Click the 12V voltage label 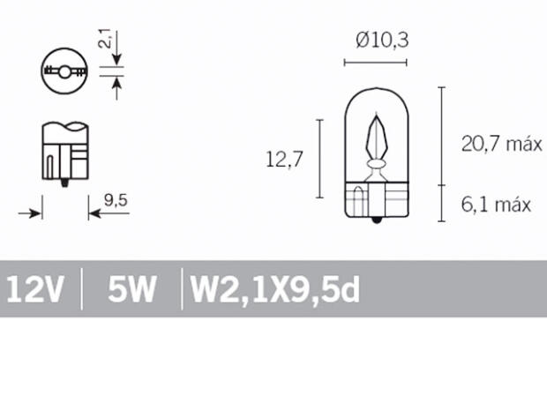(x=34, y=289)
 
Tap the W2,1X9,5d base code (x=275, y=289)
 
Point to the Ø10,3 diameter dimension (x=382, y=41)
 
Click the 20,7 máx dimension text (x=500, y=145)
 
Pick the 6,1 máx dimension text (x=496, y=205)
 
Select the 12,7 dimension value (x=284, y=160)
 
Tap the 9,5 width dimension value (x=116, y=200)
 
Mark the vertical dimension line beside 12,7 (x=318, y=159)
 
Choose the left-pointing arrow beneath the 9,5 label (x=94, y=212)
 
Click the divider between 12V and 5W (x=82, y=289)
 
